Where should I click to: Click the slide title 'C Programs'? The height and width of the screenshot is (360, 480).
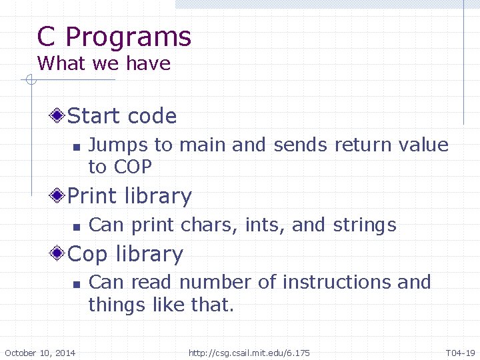pyautogui.click(x=114, y=37)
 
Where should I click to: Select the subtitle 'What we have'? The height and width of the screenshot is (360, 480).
pyautogui.click(x=104, y=64)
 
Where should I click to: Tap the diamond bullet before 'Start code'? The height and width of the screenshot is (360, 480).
pyautogui.click(x=59, y=116)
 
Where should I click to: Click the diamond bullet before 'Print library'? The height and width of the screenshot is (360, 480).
pyautogui.click(x=59, y=196)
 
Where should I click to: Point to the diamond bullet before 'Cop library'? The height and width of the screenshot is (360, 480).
pyautogui.click(x=59, y=254)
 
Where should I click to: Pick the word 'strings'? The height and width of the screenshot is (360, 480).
pyautogui.click(x=365, y=225)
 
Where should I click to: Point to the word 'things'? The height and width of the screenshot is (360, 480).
pyautogui.click(x=117, y=305)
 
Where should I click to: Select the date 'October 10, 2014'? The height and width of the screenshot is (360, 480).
pyautogui.click(x=40, y=353)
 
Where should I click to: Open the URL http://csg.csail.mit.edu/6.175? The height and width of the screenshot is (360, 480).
pyautogui.click(x=249, y=353)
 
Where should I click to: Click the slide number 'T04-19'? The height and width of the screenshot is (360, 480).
pyautogui.click(x=460, y=353)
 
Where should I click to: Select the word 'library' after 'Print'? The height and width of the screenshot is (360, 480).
pyautogui.click(x=161, y=197)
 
